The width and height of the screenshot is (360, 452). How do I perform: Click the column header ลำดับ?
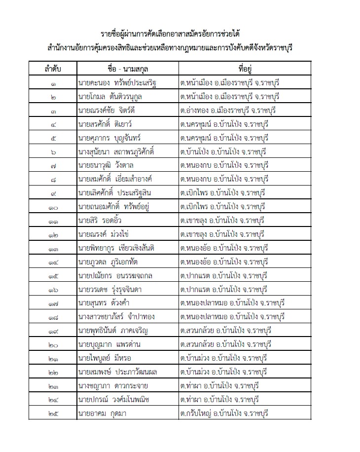[x=52, y=68]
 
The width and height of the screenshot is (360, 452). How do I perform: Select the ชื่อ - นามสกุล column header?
[x=127, y=68]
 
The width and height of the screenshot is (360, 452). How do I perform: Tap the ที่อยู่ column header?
[x=245, y=68]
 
